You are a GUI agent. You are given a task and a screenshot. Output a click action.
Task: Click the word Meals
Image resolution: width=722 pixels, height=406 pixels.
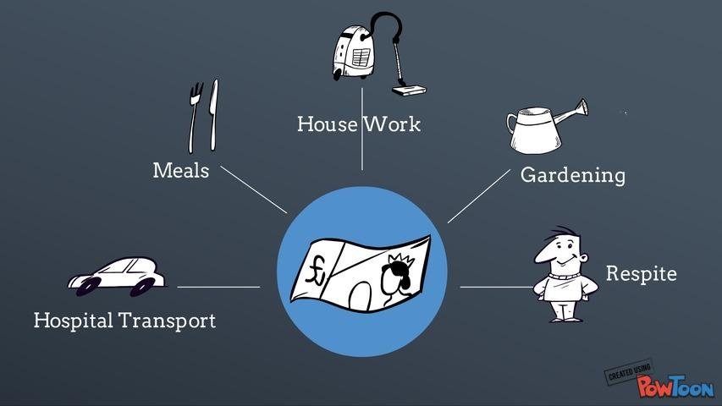tap(181, 170)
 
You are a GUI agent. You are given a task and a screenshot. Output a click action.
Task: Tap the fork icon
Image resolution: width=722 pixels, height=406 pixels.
tap(196, 118)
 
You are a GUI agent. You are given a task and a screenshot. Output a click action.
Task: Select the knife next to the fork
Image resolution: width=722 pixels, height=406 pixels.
tap(213, 115)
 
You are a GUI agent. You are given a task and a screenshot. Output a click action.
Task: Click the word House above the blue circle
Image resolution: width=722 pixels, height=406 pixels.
tap(327, 123)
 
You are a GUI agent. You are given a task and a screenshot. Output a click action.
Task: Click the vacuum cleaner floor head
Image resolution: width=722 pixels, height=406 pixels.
tap(409, 90)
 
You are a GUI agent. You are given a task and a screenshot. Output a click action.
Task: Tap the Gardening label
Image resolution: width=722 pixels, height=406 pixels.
tap(573, 176)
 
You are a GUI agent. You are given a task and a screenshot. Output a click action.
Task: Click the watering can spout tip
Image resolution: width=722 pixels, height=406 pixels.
tap(584, 107)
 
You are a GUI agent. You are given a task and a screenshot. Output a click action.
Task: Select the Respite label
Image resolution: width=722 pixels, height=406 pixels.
tap(641, 273)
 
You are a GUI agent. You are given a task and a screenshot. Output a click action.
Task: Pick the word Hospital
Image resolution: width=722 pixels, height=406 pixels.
tap(73, 321)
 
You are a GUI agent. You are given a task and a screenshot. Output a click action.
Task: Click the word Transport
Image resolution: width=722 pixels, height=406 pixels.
tap(167, 321)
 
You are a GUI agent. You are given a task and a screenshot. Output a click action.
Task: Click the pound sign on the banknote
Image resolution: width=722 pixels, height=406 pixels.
tap(316, 271)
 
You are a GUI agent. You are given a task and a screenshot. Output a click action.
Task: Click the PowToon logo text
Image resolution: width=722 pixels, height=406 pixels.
tap(675, 386)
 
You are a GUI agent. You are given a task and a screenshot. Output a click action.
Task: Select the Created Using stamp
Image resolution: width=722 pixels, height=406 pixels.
tap(629, 371)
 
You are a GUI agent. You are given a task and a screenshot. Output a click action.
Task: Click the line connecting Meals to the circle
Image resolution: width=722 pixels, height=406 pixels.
tap(254, 189)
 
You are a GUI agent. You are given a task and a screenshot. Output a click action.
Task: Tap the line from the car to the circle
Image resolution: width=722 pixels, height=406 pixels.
tap(218, 287)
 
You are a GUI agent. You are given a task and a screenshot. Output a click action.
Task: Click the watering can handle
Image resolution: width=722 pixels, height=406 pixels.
tap(511, 124)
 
